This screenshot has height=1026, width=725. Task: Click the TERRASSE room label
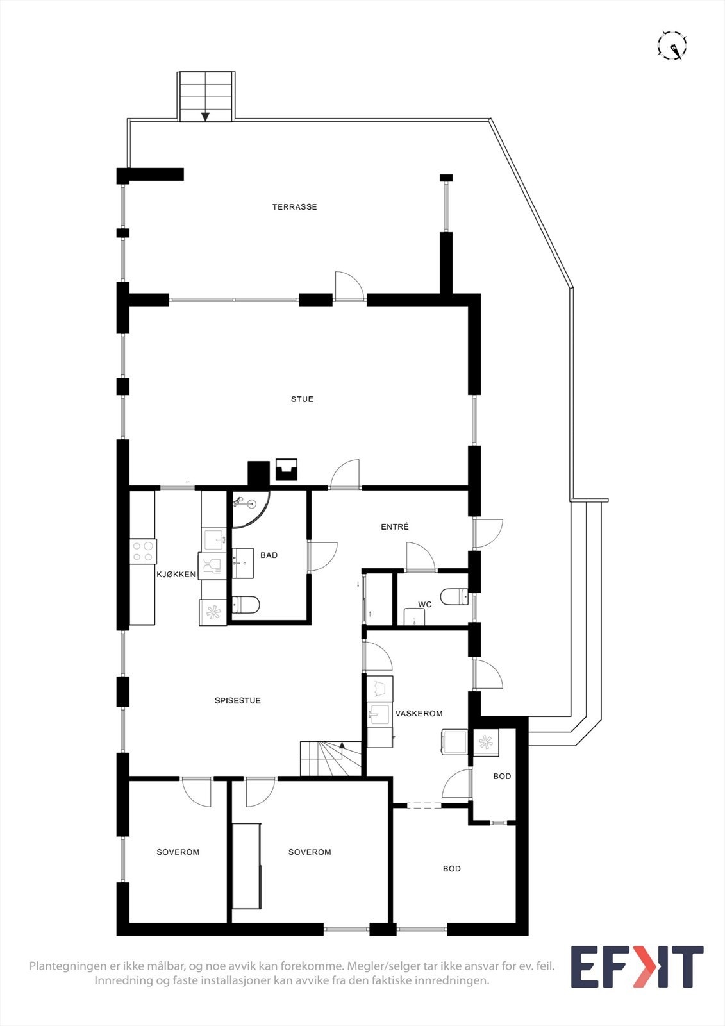(294, 207)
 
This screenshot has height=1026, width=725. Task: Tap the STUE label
(302, 399)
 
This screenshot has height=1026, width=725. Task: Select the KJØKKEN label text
(176, 575)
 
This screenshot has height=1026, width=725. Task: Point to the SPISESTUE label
(237, 701)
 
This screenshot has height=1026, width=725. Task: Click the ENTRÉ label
(394, 527)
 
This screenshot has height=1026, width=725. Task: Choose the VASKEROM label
(419, 714)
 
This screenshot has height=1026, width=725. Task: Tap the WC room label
(424, 605)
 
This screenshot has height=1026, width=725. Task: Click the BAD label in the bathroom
(269, 555)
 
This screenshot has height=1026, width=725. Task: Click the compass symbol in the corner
(672, 46)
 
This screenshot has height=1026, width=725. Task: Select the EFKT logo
(637, 967)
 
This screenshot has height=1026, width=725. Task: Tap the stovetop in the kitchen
(143, 551)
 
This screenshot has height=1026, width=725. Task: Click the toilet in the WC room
(455, 596)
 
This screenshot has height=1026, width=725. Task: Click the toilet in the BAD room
(246, 604)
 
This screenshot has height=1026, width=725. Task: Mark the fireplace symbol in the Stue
(287, 470)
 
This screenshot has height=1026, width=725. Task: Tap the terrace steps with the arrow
(205, 96)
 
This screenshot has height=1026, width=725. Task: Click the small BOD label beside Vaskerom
(502, 777)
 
